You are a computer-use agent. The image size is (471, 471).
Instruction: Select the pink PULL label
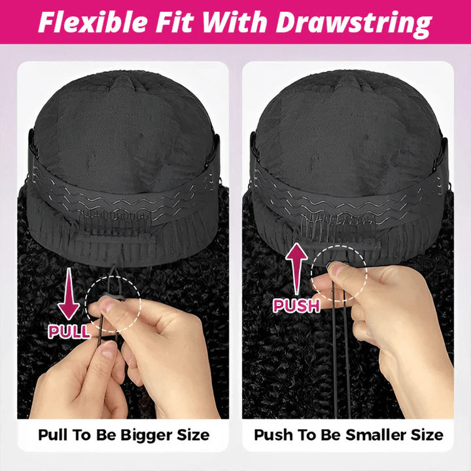click(69, 330)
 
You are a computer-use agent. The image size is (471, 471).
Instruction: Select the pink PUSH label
click(296, 305)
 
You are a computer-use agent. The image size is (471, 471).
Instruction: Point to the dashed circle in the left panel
click(118, 302)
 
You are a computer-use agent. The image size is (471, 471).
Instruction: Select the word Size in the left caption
click(195, 434)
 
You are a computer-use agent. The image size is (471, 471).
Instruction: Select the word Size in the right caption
click(427, 434)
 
